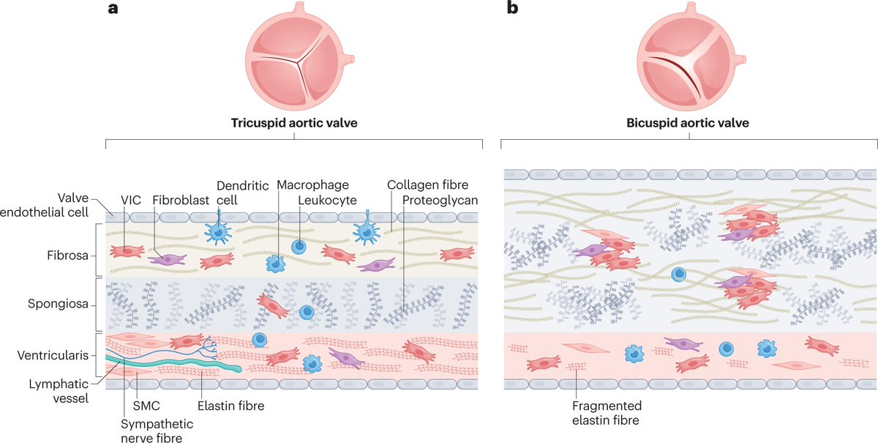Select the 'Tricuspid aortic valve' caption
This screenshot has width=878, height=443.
294,123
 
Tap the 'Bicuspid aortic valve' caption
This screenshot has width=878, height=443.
688,123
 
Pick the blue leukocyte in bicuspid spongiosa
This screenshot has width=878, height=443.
679,275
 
